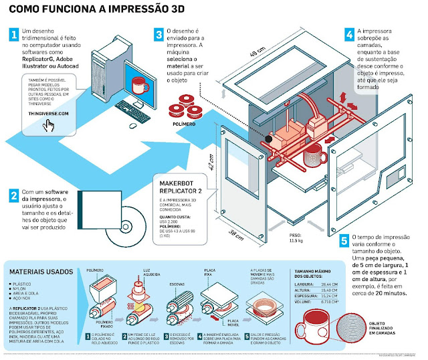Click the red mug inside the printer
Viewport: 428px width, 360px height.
tap(313, 158)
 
